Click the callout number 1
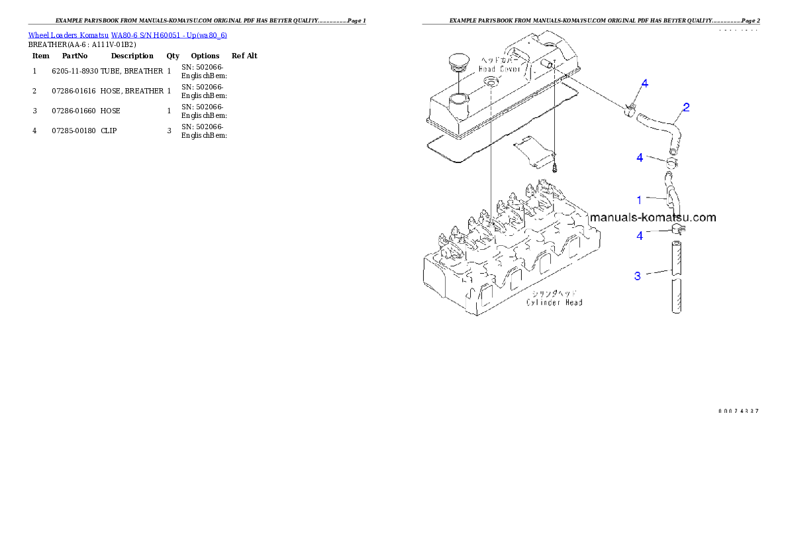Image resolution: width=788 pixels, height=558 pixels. [639, 199]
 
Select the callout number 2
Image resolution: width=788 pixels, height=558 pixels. [687, 107]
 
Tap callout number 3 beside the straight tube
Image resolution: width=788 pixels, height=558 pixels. [638, 276]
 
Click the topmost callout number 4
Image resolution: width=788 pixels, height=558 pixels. [644, 84]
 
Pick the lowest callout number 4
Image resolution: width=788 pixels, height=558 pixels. [640, 236]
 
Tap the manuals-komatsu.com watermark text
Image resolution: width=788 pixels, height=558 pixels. [652, 217]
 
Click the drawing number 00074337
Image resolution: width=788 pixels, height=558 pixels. [738, 411]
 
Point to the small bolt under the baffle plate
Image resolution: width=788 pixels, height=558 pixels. [556, 168]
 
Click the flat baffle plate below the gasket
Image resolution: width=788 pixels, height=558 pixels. [534, 150]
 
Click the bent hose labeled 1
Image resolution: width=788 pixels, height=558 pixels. [673, 195]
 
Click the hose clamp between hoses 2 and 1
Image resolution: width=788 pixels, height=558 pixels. [673, 161]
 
